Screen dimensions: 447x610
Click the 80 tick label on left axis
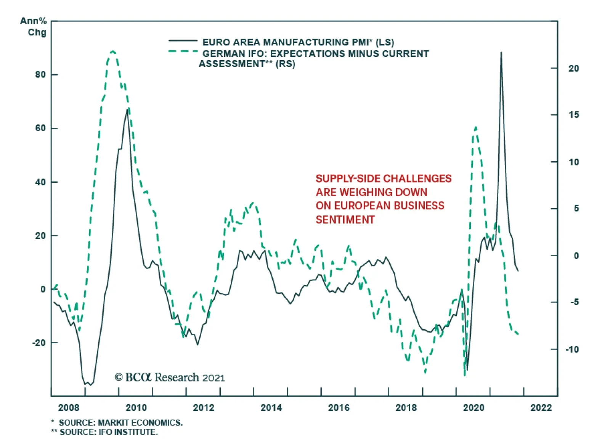(40, 75)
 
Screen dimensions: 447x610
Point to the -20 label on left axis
(39, 343)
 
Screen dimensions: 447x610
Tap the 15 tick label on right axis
(573, 115)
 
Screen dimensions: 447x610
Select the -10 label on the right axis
(571, 349)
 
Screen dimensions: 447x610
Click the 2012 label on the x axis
(204, 408)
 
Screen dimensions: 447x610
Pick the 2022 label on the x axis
(541, 408)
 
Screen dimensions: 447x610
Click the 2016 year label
(339, 408)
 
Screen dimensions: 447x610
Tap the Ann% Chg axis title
(34, 27)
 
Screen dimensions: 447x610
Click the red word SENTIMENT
(345, 220)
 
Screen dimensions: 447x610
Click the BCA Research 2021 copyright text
(170, 378)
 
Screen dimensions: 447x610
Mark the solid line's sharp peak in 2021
(501, 53)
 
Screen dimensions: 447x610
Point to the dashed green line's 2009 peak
(112, 51)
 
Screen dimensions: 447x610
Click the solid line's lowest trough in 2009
(90, 385)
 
